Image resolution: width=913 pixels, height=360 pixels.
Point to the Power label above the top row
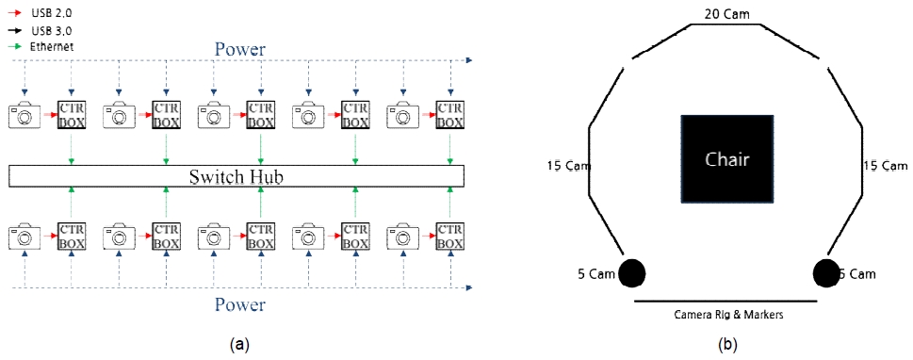pyautogui.click(x=240, y=49)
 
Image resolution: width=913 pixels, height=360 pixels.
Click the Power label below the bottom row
pyautogui.click(x=240, y=304)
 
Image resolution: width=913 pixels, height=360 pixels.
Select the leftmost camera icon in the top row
pyautogui.click(x=24, y=116)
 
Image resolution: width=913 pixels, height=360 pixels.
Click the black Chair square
pyautogui.click(x=726, y=158)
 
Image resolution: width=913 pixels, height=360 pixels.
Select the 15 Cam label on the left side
pyautogui.click(x=568, y=166)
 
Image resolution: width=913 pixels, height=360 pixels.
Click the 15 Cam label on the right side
pyautogui.click(x=885, y=166)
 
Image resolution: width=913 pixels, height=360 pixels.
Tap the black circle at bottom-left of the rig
pyautogui.click(x=631, y=273)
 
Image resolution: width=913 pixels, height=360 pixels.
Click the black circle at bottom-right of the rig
pyautogui.click(x=825, y=273)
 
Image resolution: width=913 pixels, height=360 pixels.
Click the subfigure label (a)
pyautogui.click(x=239, y=346)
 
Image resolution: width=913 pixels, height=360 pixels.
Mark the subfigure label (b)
pyautogui.click(x=727, y=346)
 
